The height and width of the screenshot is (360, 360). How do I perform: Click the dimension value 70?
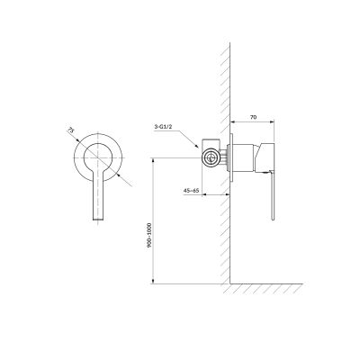254,117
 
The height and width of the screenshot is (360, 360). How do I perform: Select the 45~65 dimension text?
192,190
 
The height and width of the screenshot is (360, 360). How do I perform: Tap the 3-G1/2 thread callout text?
164,127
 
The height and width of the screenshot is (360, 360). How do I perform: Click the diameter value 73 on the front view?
70,130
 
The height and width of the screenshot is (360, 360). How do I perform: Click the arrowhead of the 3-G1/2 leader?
197,146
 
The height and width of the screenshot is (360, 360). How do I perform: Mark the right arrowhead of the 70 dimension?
273,121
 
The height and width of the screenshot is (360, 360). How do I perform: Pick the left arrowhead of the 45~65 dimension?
204,194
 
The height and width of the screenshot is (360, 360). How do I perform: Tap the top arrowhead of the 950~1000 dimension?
153,160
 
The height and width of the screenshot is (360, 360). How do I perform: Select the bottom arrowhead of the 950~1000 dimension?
153,281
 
